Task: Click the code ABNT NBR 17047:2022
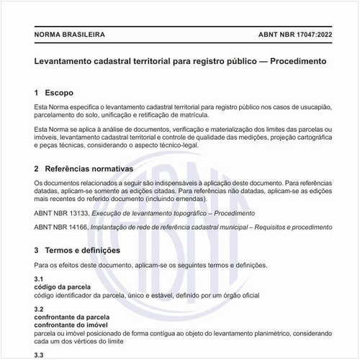click(x=295, y=35)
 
